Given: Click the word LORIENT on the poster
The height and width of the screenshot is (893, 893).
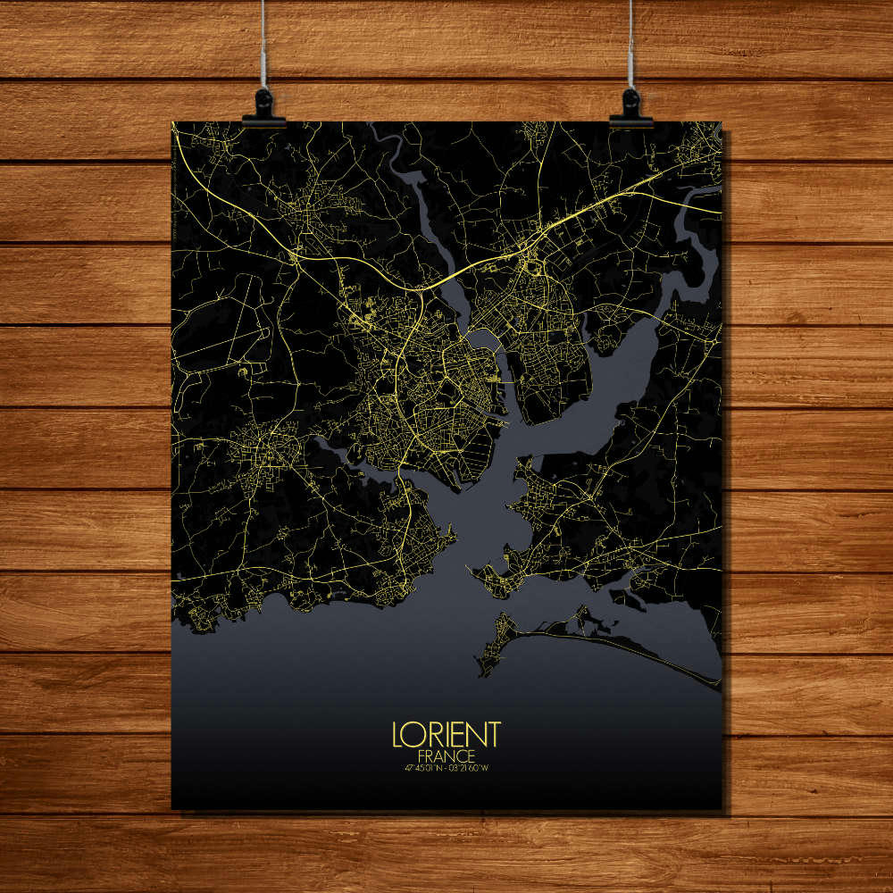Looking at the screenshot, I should [446, 734].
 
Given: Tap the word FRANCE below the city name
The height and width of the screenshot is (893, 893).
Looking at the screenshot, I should [446, 755].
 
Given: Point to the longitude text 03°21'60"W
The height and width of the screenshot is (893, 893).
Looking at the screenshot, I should [471, 766].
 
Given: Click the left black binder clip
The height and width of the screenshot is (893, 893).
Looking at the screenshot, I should [263, 108].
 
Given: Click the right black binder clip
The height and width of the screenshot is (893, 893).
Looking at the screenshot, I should [631, 108].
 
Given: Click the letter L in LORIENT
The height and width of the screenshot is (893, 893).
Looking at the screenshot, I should [397, 734].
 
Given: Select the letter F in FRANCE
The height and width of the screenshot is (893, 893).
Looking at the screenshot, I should [421, 755].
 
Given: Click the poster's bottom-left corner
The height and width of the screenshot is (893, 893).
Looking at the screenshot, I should [172, 809].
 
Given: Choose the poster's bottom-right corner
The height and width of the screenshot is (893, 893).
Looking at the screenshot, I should [722, 809].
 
